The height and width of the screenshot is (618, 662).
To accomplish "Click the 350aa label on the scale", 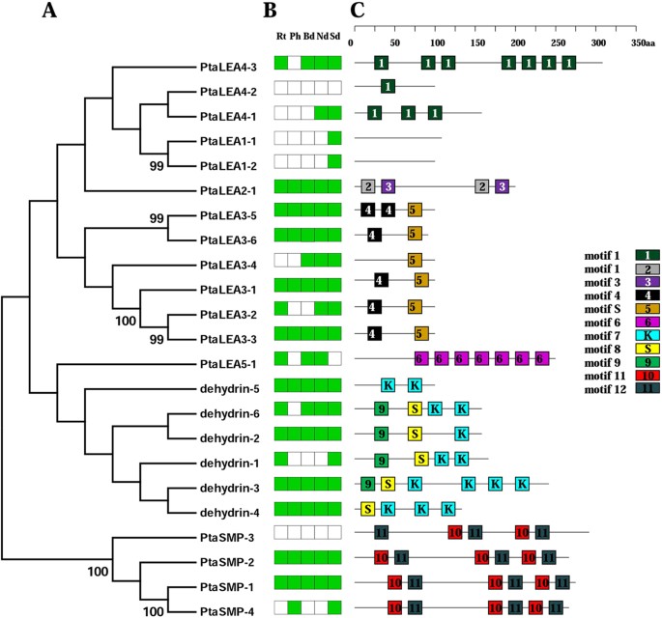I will click(x=643, y=42).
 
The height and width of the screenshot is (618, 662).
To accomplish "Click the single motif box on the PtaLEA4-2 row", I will click(x=388, y=88).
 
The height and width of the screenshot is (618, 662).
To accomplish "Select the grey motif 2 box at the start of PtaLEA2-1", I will click(x=368, y=186).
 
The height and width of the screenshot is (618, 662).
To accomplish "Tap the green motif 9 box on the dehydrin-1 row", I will click(x=382, y=460).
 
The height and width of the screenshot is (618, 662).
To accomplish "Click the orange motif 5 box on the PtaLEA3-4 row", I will click(x=415, y=261).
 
